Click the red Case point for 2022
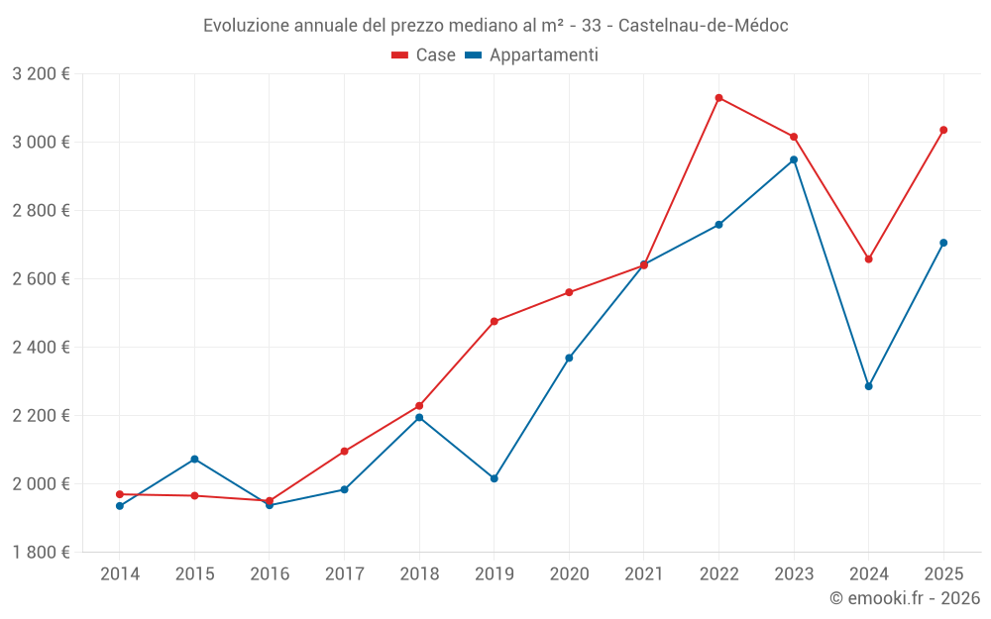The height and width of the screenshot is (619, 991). click(x=718, y=98)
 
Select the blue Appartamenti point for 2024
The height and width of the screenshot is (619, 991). click(x=869, y=386)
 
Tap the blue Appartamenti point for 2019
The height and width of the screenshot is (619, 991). click(x=495, y=478)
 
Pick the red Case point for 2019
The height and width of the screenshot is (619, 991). click(x=495, y=321)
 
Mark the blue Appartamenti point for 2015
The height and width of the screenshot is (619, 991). click(x=194, y=459)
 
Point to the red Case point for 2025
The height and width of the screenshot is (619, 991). click(x=943, y=130)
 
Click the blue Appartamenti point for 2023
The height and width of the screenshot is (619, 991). click(x=794, y=159)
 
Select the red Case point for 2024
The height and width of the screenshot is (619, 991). click(x=869, y=259)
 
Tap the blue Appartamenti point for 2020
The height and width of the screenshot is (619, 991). click(x=569, y=358)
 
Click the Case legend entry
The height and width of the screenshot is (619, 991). click(x=424, y=55)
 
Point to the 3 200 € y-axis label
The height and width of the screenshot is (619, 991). click(x=42, y=74)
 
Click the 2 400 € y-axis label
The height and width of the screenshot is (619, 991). click(x=42, y=348)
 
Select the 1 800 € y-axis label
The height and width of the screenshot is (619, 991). click(x=42, y=553)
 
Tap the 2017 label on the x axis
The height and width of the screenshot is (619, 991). click(x=344, y=574)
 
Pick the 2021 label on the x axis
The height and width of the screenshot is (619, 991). click(x=644, y=574)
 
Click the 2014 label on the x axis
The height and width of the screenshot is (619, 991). click(x=120, y=574)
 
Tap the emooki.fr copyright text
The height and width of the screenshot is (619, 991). click(x=905, y=598)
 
